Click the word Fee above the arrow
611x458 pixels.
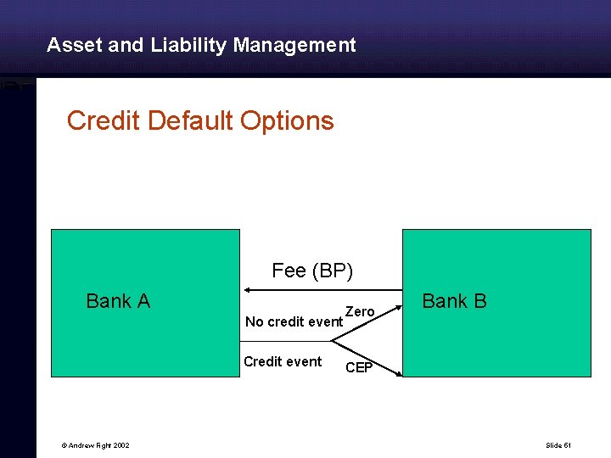289,271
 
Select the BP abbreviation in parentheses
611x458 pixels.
333,271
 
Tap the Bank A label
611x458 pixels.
118,301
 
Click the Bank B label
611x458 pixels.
454,301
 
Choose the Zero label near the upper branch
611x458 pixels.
360,312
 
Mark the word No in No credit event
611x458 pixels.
254,322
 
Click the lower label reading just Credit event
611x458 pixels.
283,362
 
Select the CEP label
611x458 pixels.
358,368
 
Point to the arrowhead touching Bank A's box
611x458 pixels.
245,289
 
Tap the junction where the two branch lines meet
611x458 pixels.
332,341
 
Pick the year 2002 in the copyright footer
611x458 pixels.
121,445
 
